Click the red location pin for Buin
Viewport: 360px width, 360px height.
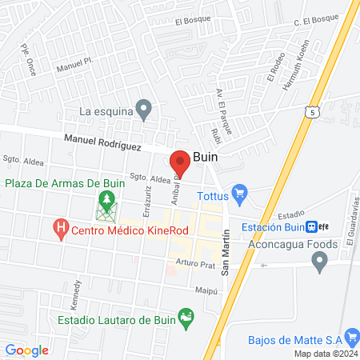pos(181,161)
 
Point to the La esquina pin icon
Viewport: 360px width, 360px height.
pos(144,107)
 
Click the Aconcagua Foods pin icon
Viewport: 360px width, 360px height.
pos(320,260)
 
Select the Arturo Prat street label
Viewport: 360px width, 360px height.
pos(191,262)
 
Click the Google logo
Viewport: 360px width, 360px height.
pos(26,350)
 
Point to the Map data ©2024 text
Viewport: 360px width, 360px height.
pos(324,354)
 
